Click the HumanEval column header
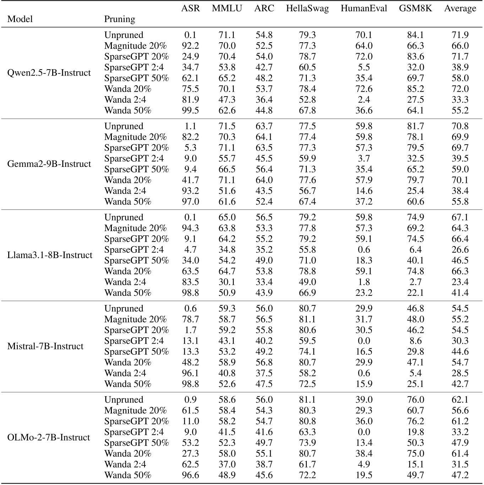click(x=364, y=9)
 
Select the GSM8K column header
click(x=415, y=9)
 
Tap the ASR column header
click(x=190, y=9)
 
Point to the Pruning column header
click(x=120, y=19)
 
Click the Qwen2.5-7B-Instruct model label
click(x=49, y=73)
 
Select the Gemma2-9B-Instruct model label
click(x=49, y=164)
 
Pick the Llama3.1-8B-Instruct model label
click(x=50, y=255)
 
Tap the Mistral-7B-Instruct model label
click(x=45, y=347)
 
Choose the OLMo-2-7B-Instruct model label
click(x=49, y=437)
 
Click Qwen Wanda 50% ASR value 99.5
click(x=190, y=110)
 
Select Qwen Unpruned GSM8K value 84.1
click(x=415, y=35)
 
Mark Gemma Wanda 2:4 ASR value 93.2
click(x=190, y=191)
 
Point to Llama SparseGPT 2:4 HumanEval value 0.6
click(x=364, y=250)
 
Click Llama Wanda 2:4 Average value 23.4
click(x=460, y=282)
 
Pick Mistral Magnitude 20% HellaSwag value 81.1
click(x=307, y=320)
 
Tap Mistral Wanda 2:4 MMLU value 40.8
click(x=227, y=373)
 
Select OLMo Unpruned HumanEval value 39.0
click(x=364, y=400)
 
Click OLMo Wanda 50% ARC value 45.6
click(x=264, y=475)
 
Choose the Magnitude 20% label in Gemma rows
click(x=135, y=137)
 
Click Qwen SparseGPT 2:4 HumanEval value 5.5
click(x=364, y=67)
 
